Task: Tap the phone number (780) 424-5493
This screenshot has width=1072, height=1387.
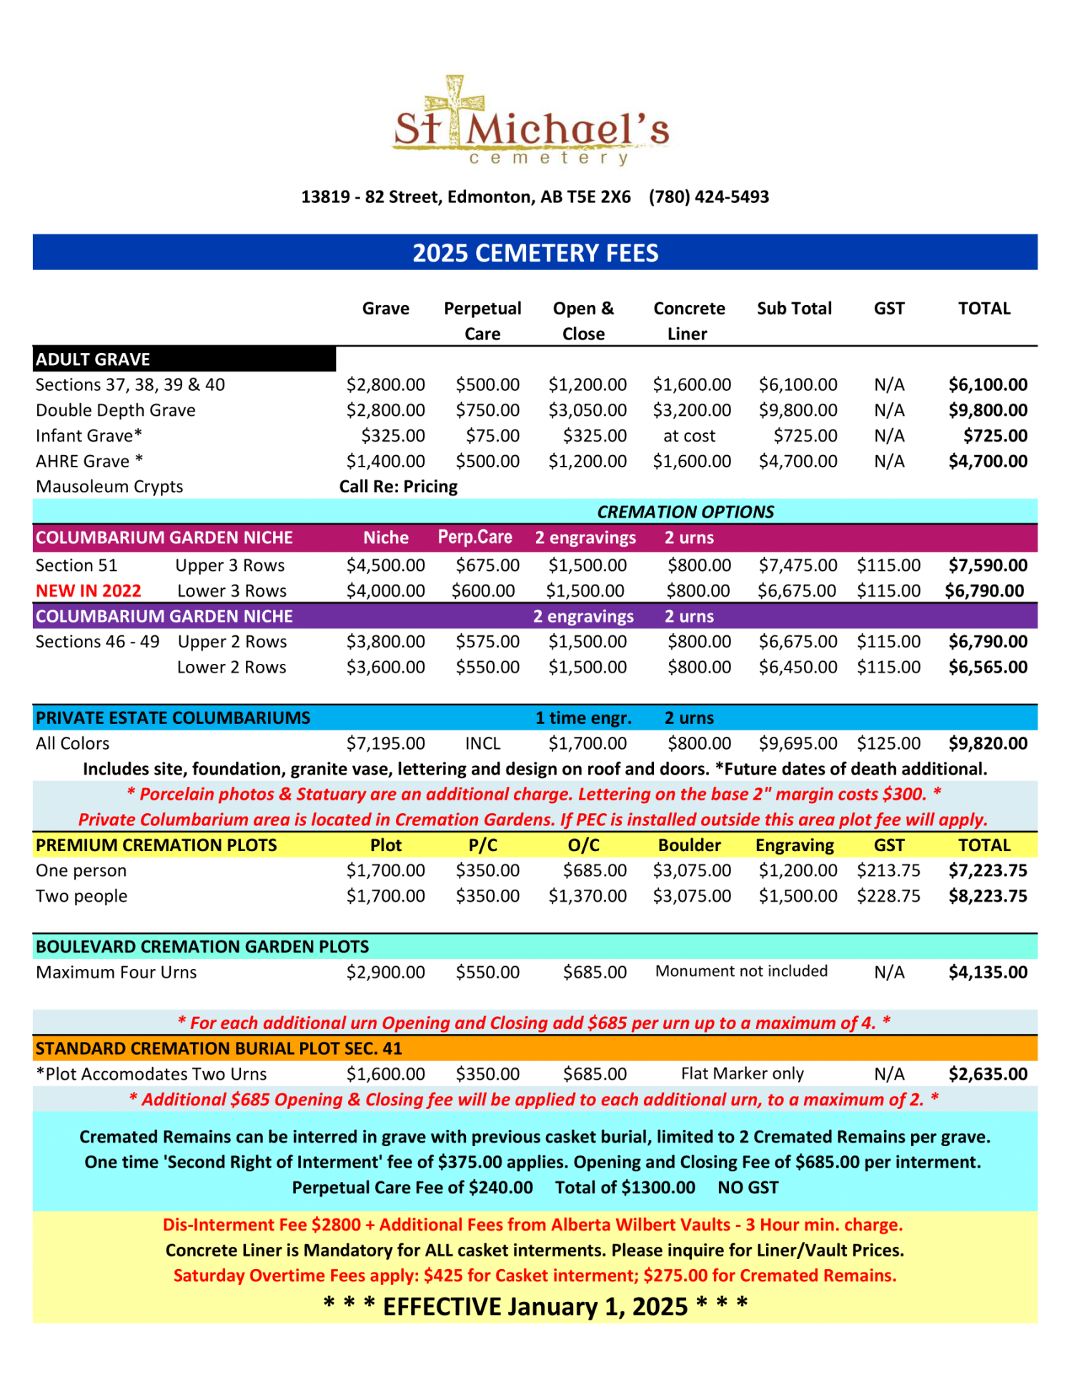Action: pos(708,197)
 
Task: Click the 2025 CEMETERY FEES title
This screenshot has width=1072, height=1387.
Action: pos(535,253)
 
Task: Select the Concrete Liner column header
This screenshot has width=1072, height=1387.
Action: pos(688,321)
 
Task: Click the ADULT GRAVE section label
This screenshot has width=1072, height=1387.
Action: pos(93,359)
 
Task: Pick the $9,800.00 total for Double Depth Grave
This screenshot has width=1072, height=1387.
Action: pos(988,410)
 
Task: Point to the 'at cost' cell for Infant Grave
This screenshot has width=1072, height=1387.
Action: pos(689,436)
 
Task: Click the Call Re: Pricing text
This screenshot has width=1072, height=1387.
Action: pos(398,487)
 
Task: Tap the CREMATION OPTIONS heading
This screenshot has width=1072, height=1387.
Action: pos(685,512)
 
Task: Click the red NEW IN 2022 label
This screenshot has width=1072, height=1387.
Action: pos(89,591)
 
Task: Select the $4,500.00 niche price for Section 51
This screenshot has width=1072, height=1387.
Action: pos(385,565)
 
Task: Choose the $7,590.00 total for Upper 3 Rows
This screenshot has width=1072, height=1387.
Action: pos(988,565)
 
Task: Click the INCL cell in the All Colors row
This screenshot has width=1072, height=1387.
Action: pos(482,743)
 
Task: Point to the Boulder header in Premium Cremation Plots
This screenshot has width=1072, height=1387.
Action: pos(689,845)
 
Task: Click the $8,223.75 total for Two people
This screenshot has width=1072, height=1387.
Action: pos(988,896)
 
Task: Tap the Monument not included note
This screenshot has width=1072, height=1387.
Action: pos(741,971)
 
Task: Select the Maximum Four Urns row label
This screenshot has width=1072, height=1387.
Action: pos(116,972)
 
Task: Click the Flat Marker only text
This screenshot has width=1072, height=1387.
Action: pos(742,1073)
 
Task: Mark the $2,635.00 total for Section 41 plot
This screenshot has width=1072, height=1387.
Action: pos(988,1074)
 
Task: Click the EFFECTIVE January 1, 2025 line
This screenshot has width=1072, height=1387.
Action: pos(535,1306)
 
